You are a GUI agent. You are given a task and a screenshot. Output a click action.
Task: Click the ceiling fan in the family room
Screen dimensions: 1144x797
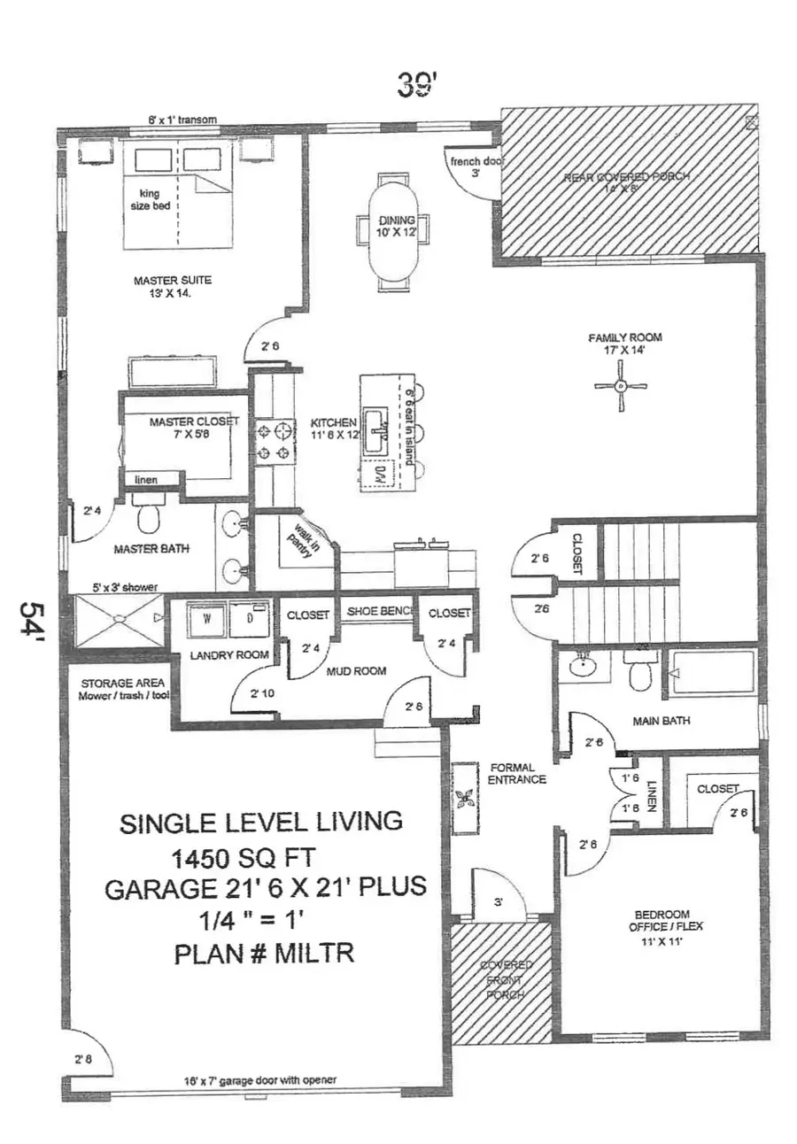click(x=621, y=385)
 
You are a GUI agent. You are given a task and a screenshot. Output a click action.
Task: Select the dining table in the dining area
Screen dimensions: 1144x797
click(x=391, y=229)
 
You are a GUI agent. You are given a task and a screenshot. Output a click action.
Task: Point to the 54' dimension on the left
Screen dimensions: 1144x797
click(x=34, y=625)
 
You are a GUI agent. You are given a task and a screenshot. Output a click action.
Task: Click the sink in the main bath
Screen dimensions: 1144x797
click(x=582, y=666)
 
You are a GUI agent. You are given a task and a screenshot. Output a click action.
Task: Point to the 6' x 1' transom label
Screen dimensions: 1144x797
click(x=182, y=120)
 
